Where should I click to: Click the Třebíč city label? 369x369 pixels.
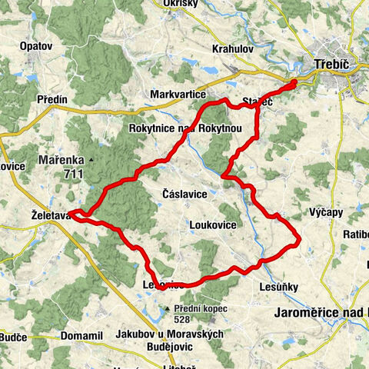coord(332,66)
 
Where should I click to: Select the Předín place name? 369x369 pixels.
coord(52,99)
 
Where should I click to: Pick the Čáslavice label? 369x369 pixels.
coord(184,194)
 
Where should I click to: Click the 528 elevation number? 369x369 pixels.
coord(181,320)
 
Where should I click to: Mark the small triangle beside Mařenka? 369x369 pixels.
coord(91,160)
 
